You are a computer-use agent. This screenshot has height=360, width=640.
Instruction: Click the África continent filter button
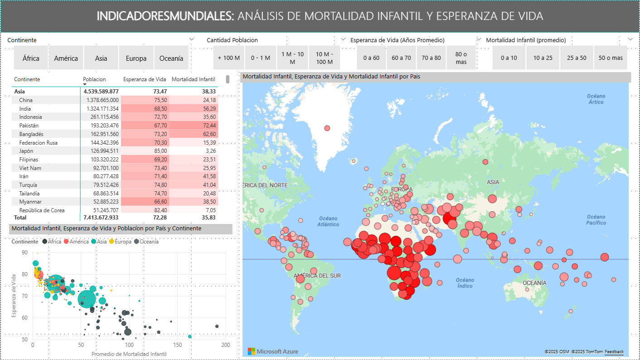pyautogui.click(x=31, y=58)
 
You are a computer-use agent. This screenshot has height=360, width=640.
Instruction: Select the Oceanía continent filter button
pyautogui.click(x=171, y=58)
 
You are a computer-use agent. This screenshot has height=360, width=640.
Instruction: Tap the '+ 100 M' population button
pyautogui.click(x=229, y=58)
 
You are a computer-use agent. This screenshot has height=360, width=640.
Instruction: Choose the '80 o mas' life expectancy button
pyautogui.click(x=461, y=58)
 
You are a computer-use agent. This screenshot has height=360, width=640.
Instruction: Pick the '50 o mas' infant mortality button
pyautogui.click(x=611, y=58)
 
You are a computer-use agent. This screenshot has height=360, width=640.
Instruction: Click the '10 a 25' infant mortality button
pyautogui.click(x=543, y=58)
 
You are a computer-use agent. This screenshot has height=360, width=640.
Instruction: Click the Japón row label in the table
pyautogui.click(x=26, y=151)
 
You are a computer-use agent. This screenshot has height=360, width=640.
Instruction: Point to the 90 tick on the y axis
pyautogui.click(x=24, y=253)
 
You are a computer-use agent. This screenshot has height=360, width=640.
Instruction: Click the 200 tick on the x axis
pyautogui.click(x=225, y=345)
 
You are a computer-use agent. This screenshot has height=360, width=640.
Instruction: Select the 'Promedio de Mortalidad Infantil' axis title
pyautogui.click(x=129, y=354)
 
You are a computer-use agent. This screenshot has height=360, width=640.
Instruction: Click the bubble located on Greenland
pyautogui.click(x=327, y=128)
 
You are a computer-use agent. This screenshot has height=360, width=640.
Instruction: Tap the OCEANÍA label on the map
pyautogui.click(x=534, y=283)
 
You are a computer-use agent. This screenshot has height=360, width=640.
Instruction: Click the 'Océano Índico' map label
pyautogui.click(x=465, y=283)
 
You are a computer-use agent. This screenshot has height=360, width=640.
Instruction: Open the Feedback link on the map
pyautogui.click(x=614, y=352)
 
